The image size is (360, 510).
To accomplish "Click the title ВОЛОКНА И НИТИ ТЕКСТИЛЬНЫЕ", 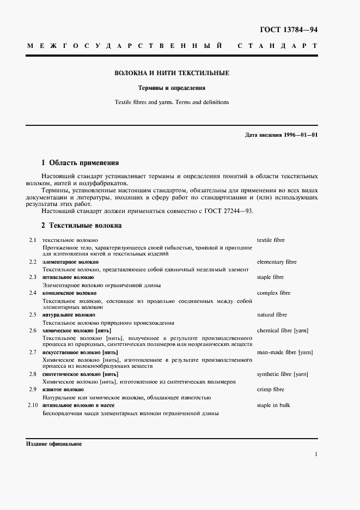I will (x=172, y=73).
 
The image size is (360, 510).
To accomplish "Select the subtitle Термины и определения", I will (x=172, y=88).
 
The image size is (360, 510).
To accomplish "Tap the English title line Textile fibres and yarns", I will (x=172, y=102).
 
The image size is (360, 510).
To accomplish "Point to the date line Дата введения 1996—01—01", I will (x=281, y=135).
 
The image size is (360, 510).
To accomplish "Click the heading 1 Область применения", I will (x=80, y=162).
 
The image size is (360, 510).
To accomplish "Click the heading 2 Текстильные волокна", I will (x=82, y=225).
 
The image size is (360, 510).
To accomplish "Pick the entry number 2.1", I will (x=32, y=240).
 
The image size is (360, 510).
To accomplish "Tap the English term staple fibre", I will (x=270, y=277).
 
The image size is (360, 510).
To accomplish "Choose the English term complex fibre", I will (x=273, y=293).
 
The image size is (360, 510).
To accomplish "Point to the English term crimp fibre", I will (x=270, y=390).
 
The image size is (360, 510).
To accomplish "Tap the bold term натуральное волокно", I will (x=69, y=315).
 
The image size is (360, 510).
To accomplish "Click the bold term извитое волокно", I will (x=63, y=390).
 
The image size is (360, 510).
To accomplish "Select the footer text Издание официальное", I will (x=54, y=444).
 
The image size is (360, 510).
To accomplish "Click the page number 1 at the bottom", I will (x=316, y=454).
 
